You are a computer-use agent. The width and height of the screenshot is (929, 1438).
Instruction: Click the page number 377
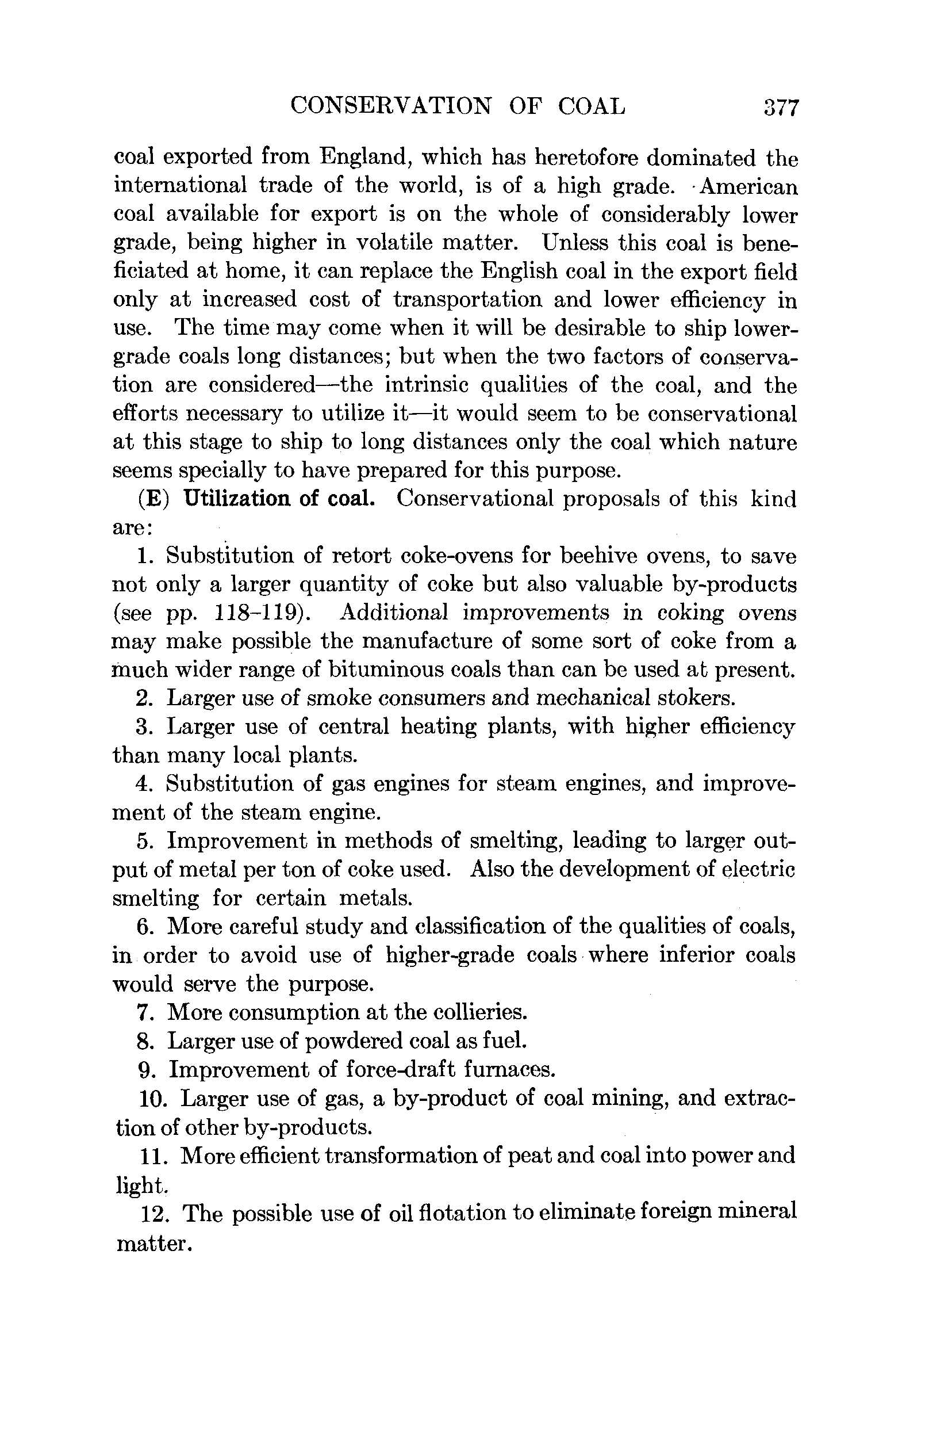(x=781, y=108)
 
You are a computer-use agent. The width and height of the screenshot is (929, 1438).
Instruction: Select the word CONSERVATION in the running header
(x=390, y=106)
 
